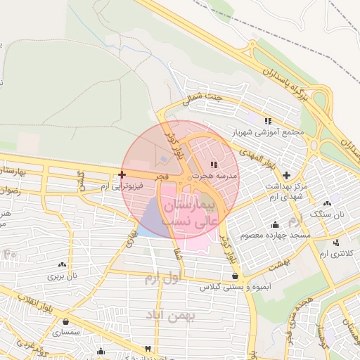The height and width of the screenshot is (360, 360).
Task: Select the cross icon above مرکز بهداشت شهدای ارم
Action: point(285,174)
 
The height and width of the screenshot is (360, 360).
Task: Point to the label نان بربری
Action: point(61,276)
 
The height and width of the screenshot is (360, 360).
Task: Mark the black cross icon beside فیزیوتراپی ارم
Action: point(122,174)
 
